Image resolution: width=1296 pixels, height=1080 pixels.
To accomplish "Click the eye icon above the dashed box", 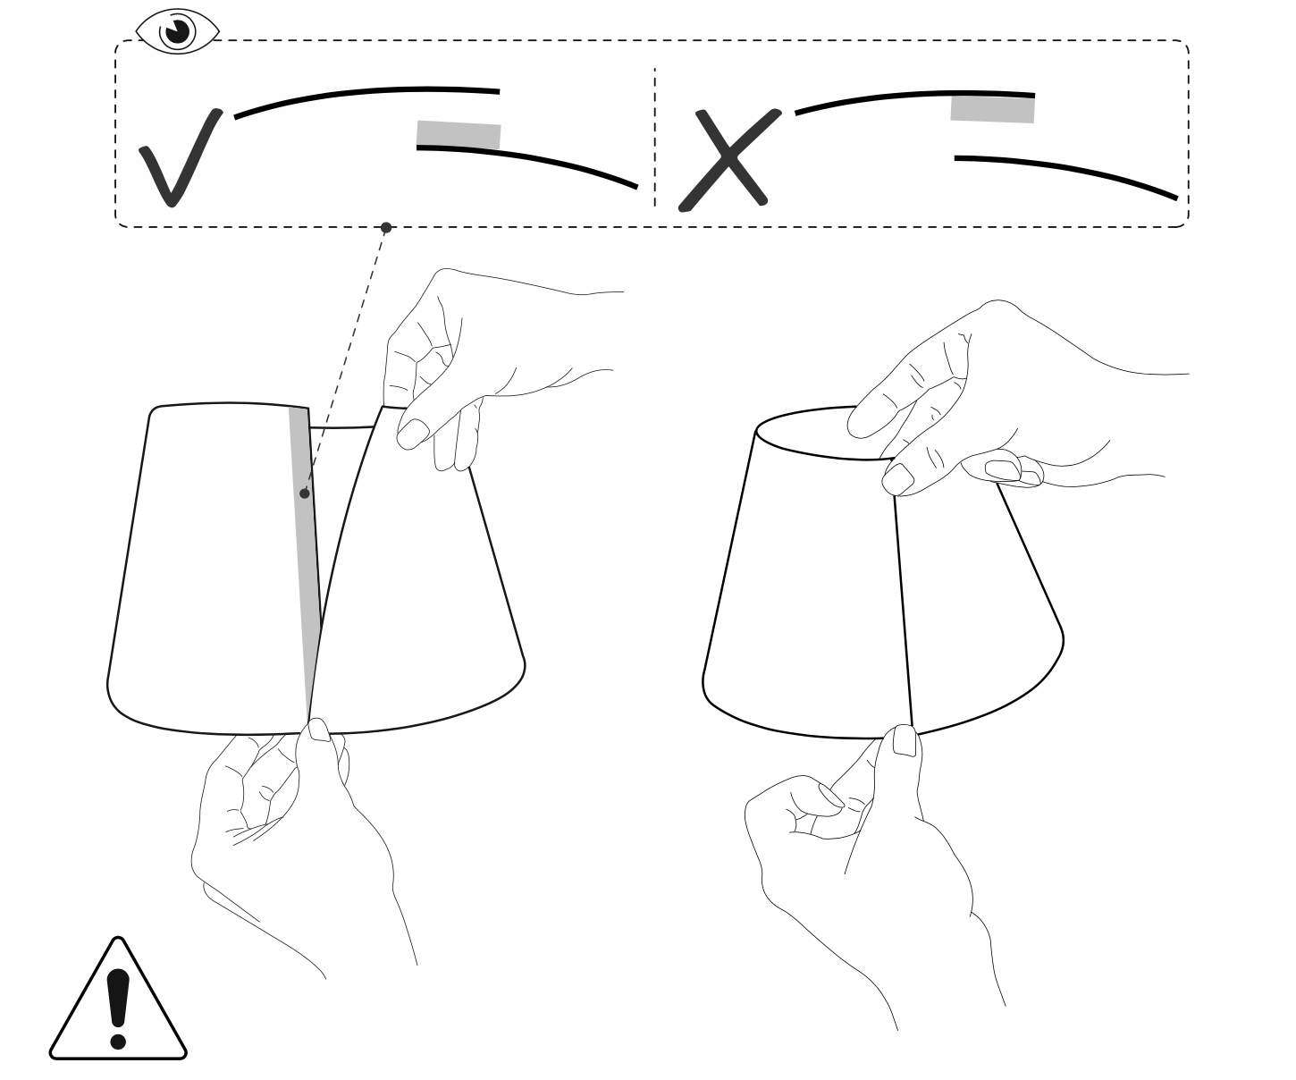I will (x=177, y=31).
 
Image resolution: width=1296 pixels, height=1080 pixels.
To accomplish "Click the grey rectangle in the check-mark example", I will (x=459, y=135).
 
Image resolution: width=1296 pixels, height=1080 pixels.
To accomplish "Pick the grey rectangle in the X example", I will (x=992, y=108).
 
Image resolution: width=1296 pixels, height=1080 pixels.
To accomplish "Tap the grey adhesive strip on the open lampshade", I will (x=305, y=554).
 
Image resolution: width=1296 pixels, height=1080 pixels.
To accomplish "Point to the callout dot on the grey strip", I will (x=305, y=493).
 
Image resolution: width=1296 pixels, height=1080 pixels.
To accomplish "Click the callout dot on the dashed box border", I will (x=386, y=227).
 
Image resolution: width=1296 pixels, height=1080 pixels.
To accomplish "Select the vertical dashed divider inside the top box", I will (x=654, y=134).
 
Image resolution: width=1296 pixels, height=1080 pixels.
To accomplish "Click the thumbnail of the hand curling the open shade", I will (x=411, y=433).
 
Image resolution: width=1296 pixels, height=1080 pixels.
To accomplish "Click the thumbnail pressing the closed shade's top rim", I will (x=897, y=478).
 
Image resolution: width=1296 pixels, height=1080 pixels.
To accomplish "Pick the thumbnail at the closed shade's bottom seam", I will (x=905, y=740).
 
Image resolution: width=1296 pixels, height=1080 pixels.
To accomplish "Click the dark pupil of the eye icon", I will (x=178, y=31).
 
